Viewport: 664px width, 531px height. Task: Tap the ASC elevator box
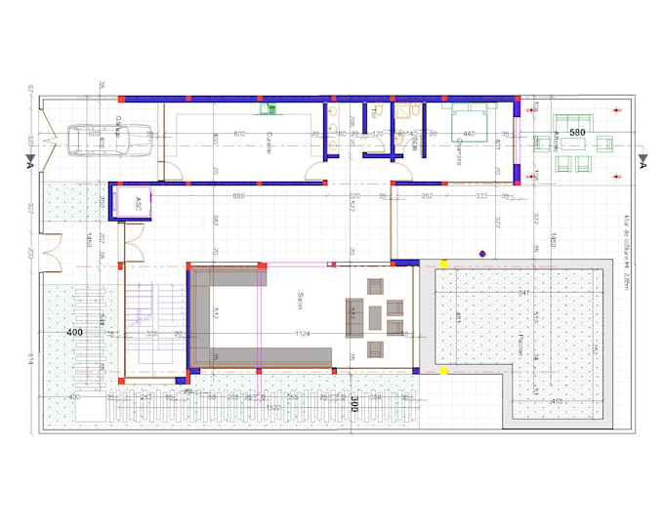click(134, 203)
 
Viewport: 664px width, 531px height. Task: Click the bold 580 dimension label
click(577, 133)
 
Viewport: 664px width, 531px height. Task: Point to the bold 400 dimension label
click(74, 333)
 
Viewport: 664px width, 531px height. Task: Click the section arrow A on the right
click(643, 160)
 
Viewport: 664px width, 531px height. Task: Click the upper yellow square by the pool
click(443, 264)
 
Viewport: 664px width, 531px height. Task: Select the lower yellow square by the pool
click(443, 371)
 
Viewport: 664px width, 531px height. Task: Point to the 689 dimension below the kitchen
click(238, 197)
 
